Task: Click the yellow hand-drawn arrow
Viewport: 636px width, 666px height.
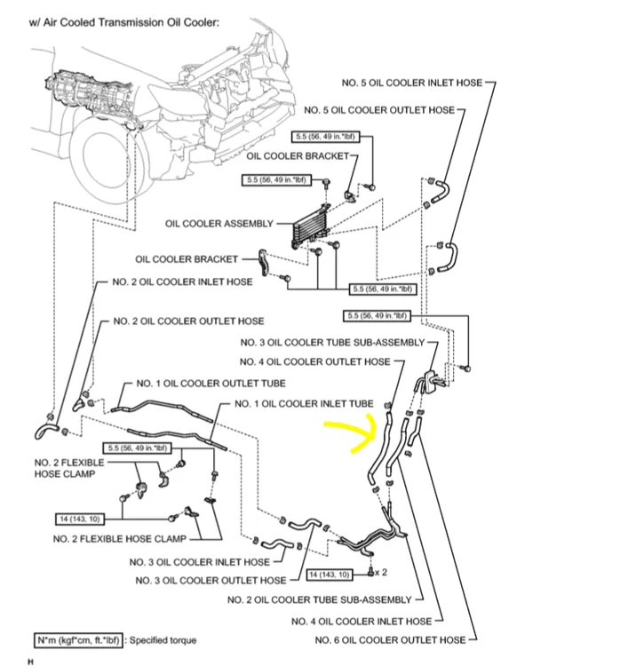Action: pos(352,435)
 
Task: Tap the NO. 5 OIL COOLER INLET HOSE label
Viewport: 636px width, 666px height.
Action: pos(412,83)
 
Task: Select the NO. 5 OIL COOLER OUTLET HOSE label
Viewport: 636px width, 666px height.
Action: pos(378,110)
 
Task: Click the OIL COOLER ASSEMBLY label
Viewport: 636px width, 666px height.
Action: pos(219,223)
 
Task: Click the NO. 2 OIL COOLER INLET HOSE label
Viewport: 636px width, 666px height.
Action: pos(182,281)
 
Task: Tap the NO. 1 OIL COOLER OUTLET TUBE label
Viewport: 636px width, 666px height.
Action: pos(211,384)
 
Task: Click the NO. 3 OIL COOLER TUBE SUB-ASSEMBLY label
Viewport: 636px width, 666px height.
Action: pos(333,342)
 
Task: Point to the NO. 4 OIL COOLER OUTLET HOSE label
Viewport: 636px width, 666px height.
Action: pos(315,361)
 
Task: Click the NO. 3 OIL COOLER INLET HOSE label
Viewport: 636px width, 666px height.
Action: pos(199,561)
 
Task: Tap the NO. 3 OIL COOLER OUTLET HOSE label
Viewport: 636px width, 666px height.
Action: pos(211,580)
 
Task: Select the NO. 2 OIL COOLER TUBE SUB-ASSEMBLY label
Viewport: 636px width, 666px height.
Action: pos(320,599)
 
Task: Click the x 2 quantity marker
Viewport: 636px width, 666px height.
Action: pos(382,572)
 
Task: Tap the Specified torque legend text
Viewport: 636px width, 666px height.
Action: pos(163,639)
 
